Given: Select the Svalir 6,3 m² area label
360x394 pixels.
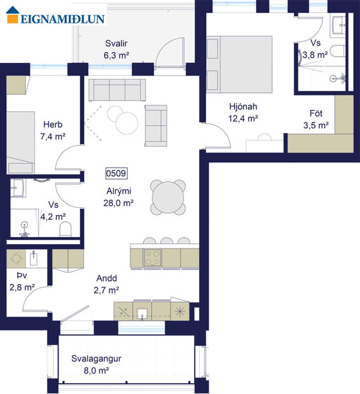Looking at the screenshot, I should click(116, 50).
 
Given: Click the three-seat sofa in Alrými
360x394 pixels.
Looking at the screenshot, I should click(116, 90).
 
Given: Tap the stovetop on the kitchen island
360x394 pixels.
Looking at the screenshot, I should click(153, 257).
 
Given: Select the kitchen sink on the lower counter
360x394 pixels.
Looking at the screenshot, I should click(143, 311).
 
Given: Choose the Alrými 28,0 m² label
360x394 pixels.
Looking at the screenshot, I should click(118, 197).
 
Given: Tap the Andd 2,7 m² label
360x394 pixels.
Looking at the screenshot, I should click(107, 284).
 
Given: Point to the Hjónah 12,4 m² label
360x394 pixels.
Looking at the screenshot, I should click(243, 112).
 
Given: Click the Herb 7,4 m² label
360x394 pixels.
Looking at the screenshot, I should click(52, 130).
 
